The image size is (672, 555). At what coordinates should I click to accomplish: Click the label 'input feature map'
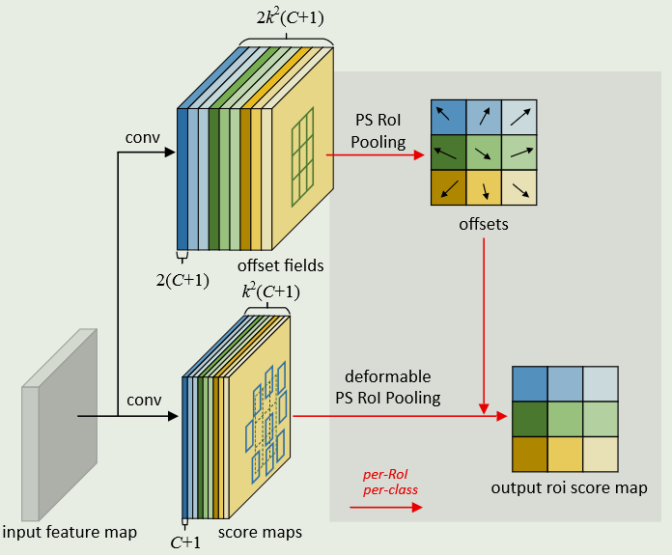click(69, 532)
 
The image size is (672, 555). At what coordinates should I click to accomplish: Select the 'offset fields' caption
click(280, 264)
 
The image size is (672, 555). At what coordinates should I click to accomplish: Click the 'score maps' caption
click(260, 532)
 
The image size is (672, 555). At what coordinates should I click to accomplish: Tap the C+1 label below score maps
click(185, 542)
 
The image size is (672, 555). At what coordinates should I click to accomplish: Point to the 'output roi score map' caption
click(568, 488)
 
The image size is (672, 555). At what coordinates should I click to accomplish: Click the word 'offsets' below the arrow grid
click(483, 224)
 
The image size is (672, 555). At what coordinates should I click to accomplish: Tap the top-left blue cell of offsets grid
click(448, 117)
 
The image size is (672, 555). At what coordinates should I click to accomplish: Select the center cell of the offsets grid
click(483, 153)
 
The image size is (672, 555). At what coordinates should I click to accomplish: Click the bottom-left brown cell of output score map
click(530, 453)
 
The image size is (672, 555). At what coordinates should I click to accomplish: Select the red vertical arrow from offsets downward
click(483, 319)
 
